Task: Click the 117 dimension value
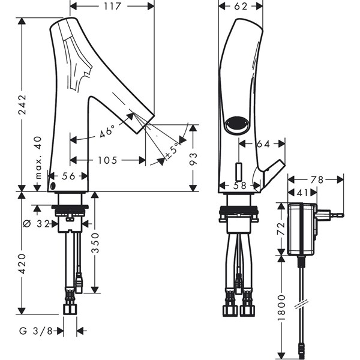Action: pyautogui.click(x=112, y=7)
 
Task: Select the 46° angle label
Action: pyautogui.click(x=107, y=131)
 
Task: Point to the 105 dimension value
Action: pyautogui.click(x=108, y=160)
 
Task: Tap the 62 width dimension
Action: pyautogui.click(x=240, y=7)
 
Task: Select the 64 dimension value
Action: pyautogui.click(x=263, y=143)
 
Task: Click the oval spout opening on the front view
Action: pyautogui.click(x=238, y=125)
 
